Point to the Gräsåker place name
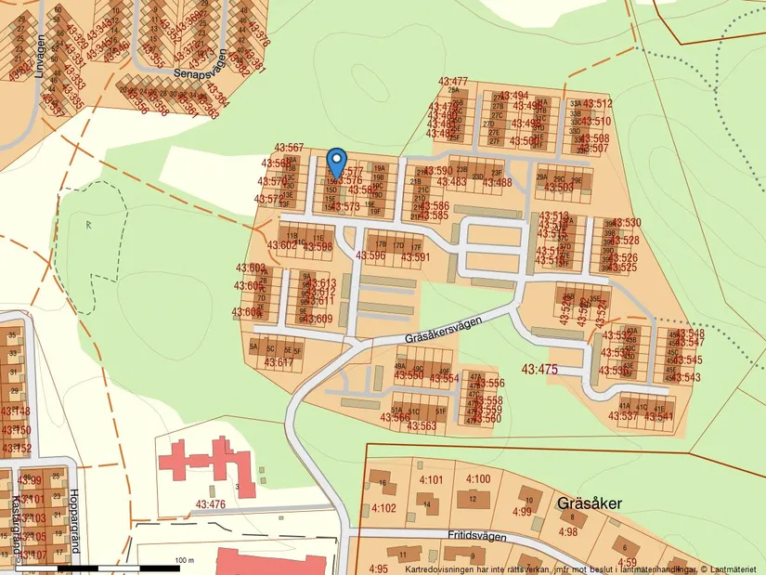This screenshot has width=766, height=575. (x=589, y=503)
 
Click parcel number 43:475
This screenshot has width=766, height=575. (x=539, y=369)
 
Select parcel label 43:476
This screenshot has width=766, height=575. (x=211, y=504)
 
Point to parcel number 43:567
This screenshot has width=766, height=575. (x=289, y=148)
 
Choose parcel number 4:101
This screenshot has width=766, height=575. (x=432, y=479)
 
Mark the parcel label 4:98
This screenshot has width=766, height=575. (x=567, y=531)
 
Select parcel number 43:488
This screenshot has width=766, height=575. (x=499, y=183)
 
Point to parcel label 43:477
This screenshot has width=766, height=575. (x=453, y=82)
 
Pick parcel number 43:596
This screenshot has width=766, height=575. (x=370, y=255)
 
